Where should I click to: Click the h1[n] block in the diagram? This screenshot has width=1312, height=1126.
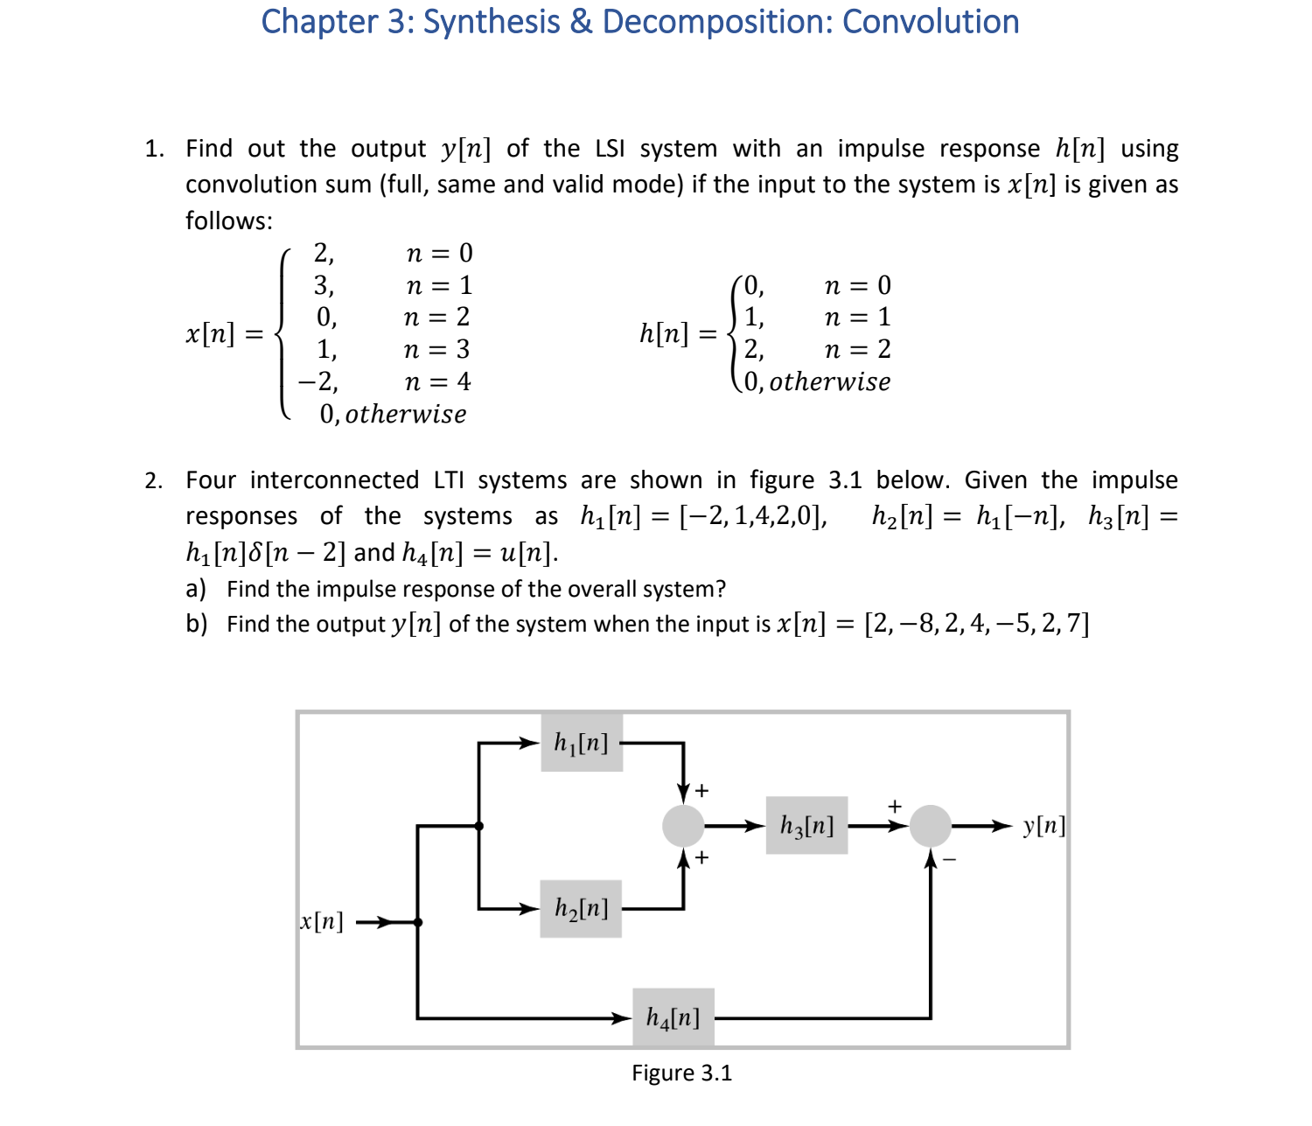click(x=582, y=743)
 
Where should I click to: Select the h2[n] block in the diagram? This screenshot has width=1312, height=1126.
click(x=581, y=908)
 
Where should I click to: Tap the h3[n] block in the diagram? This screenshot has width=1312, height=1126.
click(x=806, y=825)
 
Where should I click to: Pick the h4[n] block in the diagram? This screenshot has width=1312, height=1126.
click(x=673, y=1017)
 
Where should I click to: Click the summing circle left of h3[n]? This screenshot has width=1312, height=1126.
click(x=683, y=825)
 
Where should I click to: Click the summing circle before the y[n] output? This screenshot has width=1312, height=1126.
click(x=930, y=825)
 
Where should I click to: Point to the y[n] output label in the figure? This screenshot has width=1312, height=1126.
click(x=1043, y=825)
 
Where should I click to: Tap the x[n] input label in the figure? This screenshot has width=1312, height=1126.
click(x=322, y=921)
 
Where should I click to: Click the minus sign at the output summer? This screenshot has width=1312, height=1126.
click(x=950, y=860)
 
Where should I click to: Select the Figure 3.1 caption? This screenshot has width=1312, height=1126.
click(x=681, y=1073)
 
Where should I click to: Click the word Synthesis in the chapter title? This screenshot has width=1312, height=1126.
click(x=491, y=22)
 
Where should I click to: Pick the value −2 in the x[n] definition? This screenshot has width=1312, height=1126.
click(x=318, y=381)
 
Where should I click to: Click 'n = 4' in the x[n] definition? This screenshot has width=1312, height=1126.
click(x=437, y=381)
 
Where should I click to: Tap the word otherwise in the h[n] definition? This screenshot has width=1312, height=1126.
click(x=829, y=381)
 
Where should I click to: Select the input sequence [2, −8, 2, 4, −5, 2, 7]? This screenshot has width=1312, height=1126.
click(x=976, y=624)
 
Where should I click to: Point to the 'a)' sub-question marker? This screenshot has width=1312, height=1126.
click(x=196, y=589)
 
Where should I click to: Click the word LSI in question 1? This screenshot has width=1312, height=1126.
click(x=610, y=149)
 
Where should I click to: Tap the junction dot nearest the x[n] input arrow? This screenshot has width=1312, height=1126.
click(x=418, y=922)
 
